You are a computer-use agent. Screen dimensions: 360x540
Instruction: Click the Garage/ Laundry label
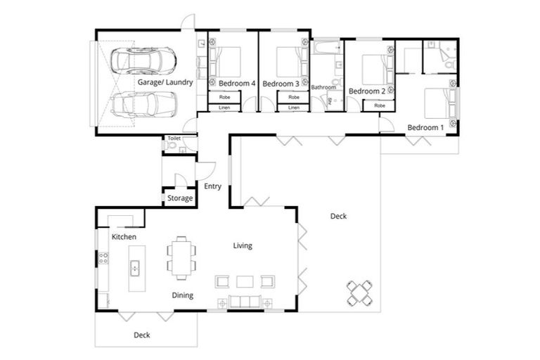coord(165,82)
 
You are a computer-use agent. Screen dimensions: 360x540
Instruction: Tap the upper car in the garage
coord(148,61)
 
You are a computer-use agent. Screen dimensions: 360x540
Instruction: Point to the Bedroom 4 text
coord(231,84)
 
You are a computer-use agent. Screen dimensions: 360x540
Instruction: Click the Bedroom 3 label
coord(281,84)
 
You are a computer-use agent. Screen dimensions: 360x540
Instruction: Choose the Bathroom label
coord(324,87)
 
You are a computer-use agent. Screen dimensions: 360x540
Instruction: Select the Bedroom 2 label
coord(367,91)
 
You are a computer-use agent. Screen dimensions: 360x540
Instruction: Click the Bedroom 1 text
coord(425,127)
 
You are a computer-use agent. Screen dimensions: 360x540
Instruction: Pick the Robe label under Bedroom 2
coord(380,105)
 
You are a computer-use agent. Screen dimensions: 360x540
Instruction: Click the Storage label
coord(180,198)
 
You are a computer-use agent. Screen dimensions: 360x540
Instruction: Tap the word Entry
coord(212,186)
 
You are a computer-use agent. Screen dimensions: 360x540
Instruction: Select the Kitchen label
coord(124,237)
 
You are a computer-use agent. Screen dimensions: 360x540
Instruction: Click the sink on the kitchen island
coord(134,268)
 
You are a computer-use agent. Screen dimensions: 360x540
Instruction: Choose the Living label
coord(243,245)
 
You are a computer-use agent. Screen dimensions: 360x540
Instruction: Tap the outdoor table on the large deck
coord(359,292)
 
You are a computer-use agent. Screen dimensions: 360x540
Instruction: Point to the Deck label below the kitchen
coord(141,335)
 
